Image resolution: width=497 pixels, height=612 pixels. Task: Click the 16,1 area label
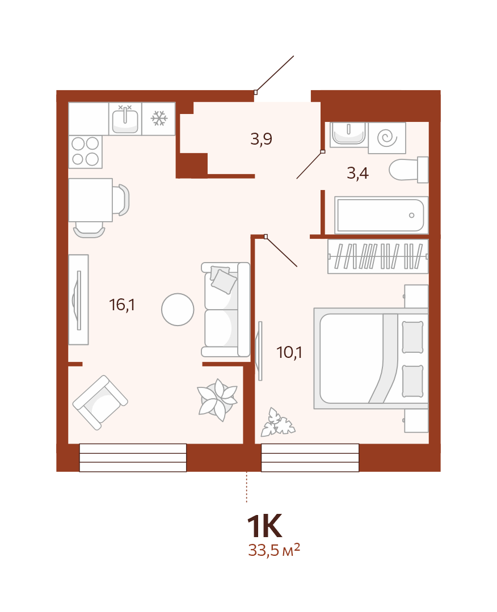pos(122,305)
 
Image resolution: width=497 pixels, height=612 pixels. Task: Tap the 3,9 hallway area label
pos(261,139)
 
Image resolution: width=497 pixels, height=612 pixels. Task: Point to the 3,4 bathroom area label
pos(357,173)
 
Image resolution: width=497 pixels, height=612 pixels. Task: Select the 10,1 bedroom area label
pos(289,352)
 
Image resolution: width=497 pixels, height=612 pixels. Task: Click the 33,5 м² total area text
pos(274,550)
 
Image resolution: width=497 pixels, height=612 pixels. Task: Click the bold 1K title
pos(265,526)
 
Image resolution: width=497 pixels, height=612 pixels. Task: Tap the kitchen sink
pos(125,119)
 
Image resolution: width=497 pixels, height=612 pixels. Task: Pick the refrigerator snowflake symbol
pos(159,119)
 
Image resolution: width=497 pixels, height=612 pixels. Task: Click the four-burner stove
pos(86,152)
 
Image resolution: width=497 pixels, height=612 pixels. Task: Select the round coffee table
pos(178,310)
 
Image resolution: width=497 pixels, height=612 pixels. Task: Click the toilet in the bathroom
pos(408,170)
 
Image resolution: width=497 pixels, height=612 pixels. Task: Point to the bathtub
pos(381,216)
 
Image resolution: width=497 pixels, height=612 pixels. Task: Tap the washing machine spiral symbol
pos(388,138)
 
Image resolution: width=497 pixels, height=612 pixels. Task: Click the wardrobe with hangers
pos(378,256)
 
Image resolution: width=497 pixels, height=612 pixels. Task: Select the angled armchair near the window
pos(100,402)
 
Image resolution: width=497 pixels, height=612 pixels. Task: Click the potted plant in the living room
pos(217,399)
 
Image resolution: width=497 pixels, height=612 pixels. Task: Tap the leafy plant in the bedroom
pos(277,423)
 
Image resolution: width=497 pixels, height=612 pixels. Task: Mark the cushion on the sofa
pos(224,280)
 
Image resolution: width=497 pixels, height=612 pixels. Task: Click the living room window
pos(133,457)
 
